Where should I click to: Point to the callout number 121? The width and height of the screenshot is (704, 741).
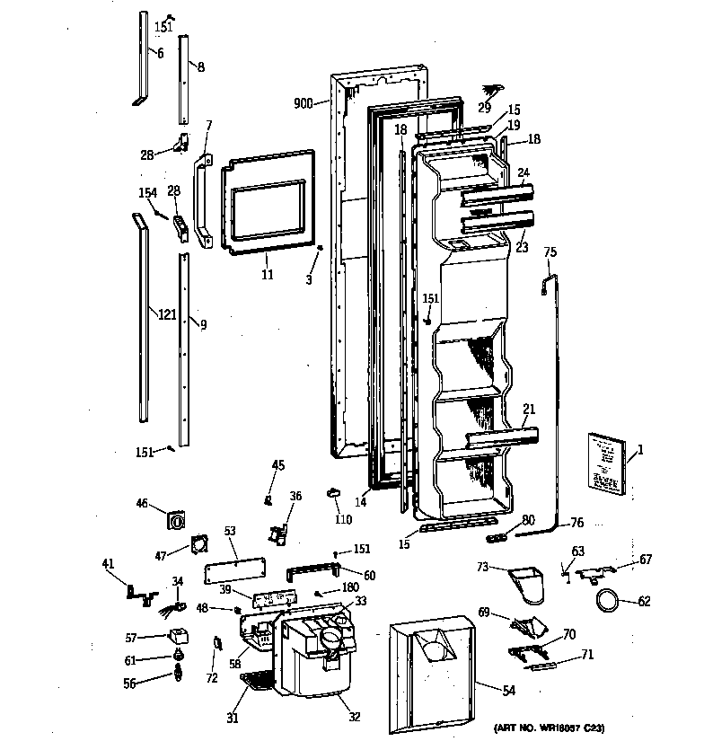click(167, 314)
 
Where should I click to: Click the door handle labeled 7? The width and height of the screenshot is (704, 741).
click(200, 199)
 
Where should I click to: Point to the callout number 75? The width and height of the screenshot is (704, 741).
click(550, 252)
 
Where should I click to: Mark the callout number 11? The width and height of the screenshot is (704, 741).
click(268, 274)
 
